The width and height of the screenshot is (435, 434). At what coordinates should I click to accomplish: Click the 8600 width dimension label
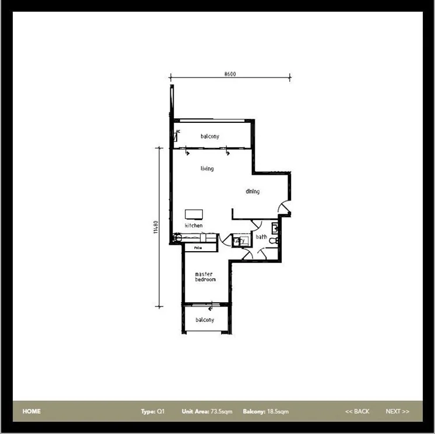(x=230, y=74)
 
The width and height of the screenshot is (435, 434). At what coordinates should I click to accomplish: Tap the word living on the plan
(x=207, y=169)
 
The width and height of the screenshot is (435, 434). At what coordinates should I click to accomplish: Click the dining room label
(x=252, y=191)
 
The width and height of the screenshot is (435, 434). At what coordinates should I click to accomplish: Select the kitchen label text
(x=194, y=225)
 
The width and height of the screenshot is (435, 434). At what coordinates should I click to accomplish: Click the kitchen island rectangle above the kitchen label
(x=194, y=214)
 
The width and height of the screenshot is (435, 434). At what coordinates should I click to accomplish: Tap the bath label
(x=261, y=237)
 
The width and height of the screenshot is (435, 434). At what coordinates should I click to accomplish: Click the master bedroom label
(x=205, y=277)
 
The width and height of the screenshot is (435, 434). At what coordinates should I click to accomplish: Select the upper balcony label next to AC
(x=210, y=136)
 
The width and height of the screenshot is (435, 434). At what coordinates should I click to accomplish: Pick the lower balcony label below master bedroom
(x=205, y=320)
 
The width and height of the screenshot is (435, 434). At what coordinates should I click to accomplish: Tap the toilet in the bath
(x=276, y=239)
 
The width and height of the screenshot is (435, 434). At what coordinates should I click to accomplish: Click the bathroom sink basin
(x=275, y=227)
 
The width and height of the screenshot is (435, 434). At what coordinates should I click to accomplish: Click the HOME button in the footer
(x=31, y=411)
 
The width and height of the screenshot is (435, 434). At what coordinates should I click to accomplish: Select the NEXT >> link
(x=397, y=411)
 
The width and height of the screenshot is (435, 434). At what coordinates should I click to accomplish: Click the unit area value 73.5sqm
(x=222, y=411)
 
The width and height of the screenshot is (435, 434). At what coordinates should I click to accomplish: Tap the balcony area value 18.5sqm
(x=278, y=411)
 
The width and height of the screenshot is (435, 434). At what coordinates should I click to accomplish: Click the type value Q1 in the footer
(x=162, y=411)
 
